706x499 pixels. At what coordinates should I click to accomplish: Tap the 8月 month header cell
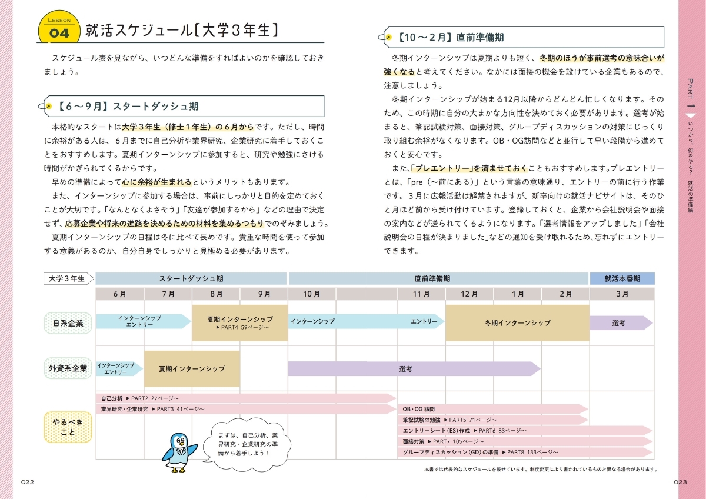pos(216,294)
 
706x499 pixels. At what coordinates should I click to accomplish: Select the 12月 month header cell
pos(469,294)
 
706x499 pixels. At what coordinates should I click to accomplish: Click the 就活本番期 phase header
pos(622,278)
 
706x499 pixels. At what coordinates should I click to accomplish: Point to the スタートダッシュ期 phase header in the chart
pos(191,278)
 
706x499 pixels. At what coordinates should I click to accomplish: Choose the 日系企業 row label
pos(68,322)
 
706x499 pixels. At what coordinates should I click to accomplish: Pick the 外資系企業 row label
pos(68,368)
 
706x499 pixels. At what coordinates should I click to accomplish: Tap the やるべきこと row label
pos(68,427)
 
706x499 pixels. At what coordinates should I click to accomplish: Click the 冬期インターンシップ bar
pos(517,322)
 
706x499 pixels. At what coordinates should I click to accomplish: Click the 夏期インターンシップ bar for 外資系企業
pos(192,369)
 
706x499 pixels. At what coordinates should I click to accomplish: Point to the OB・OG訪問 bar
pos(493,409)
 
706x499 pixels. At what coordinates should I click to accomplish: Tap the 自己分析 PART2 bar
pos(245,398)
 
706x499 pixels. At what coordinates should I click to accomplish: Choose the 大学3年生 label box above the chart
pos(68,278)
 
